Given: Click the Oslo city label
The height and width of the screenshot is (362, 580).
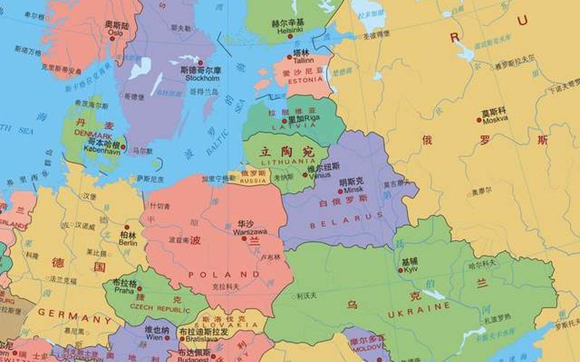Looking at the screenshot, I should [x=116, y=33].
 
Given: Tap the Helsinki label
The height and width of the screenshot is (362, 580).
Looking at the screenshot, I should [x=288, y=31].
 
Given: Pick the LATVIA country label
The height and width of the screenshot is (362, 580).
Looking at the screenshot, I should [x=284, y=127].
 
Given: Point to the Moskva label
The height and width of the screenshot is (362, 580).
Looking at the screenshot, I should [x=497, y=119].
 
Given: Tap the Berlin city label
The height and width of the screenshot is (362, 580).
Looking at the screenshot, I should [x=128, y=243].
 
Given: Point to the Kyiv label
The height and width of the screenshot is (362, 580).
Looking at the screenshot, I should [x=410, y=269].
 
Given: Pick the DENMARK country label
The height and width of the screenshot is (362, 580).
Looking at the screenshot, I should [x=93, y=135].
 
